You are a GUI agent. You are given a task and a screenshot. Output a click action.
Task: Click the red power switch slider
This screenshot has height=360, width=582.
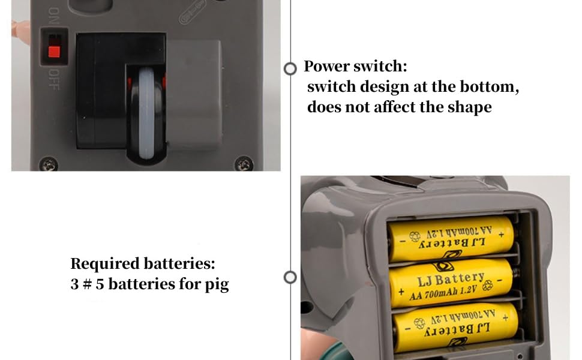coord(54,52)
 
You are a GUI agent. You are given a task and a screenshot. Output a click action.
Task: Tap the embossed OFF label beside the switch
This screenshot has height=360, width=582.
coord(54,79)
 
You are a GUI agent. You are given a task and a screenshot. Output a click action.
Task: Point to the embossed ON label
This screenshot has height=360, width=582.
coord(54,16)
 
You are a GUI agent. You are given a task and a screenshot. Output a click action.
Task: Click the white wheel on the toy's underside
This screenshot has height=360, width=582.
coord(146,113)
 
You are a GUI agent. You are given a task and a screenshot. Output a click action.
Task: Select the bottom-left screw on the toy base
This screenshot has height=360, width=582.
coord(49,163)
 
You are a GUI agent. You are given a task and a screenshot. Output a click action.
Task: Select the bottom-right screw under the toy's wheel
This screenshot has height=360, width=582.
coord(244,163)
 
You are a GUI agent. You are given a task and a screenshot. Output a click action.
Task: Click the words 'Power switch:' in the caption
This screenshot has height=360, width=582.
coord(355,66)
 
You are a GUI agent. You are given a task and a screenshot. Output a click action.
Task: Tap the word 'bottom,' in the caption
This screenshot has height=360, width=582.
coord(489,87)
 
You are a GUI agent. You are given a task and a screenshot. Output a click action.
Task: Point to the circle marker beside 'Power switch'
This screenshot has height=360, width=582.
coord(290,68)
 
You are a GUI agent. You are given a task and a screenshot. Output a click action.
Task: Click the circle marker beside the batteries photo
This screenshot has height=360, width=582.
coord(290,277)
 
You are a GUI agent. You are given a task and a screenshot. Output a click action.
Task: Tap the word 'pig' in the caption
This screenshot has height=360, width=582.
coord(217,285)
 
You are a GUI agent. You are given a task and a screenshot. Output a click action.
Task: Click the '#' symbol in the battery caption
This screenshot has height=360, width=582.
coord(87,284)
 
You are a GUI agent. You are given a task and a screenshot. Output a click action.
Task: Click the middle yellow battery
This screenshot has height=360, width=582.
coord(451,283)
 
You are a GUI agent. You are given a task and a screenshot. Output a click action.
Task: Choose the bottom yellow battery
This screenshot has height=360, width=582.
coord(455,326)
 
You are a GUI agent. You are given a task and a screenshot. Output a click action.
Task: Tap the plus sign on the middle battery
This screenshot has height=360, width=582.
coord(401,292)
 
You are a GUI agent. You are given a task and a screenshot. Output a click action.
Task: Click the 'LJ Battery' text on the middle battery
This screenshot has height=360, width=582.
coord(451,279)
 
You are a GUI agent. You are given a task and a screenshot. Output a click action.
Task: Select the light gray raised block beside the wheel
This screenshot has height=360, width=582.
coord(194,95)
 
